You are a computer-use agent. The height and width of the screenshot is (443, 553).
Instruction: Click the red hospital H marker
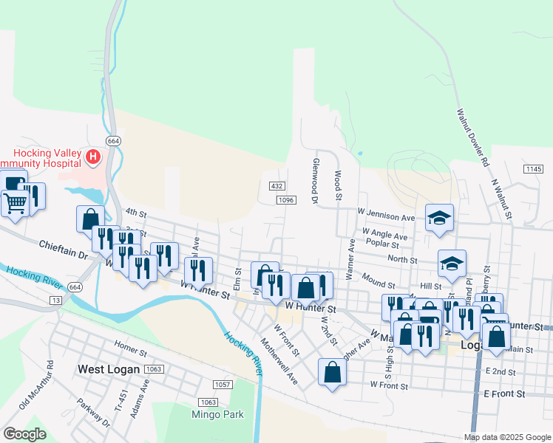point(93,157)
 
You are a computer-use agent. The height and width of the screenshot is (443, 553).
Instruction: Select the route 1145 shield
point(534,169)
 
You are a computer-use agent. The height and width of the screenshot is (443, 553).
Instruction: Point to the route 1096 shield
point(287,200)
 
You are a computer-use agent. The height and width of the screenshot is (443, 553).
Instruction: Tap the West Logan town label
point(109,368)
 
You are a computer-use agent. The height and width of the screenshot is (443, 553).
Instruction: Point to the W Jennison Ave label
point(386,217)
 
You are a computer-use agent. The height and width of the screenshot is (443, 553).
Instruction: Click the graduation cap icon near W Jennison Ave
point(439,217)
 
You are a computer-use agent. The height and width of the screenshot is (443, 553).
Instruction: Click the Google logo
point(24,434)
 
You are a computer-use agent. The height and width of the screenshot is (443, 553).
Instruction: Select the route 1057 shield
point(221,385)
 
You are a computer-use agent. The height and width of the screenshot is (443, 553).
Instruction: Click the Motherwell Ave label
point(279,361)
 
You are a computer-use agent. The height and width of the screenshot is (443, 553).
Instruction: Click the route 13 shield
point(56,301)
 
